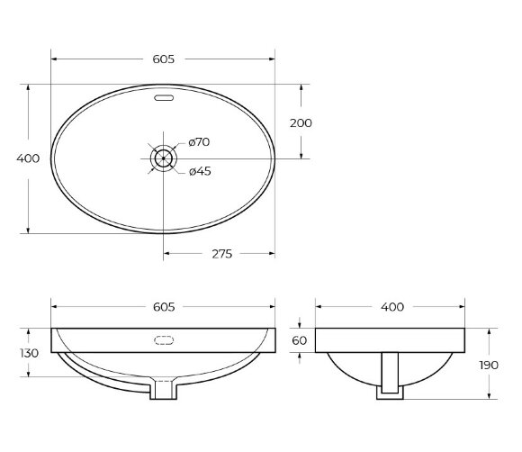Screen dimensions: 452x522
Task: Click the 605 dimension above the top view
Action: [x=164, y=59]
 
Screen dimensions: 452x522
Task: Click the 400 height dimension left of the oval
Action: [x=29, y=158]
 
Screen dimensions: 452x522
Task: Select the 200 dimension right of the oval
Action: [x=301, y=122]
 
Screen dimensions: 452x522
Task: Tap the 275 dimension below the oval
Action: [x=220, y=254]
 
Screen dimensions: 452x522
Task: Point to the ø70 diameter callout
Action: [x=199, y=142]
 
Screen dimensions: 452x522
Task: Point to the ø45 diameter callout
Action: [x=199, y=172]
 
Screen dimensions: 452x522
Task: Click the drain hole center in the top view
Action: [x=163, y=158]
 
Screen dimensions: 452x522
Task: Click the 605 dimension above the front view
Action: [x=164, y=307]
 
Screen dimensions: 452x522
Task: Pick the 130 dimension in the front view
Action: [x=28, y=353]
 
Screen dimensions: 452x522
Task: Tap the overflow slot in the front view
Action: [x=163, y=340]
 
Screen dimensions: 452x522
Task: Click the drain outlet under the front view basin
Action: [x=163, y=389]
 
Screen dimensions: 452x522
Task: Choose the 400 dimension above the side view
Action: [x=391, y=307]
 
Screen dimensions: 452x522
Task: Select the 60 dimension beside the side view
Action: [x=300, y=340]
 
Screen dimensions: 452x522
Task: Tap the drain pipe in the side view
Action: [x=389, y=373]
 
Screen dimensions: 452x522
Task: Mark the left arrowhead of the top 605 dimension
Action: [x=53, y=59]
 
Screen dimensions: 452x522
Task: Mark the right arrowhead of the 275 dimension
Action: [x=272, y=254]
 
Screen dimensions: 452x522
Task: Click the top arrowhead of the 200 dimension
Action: [x=301, y=87]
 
